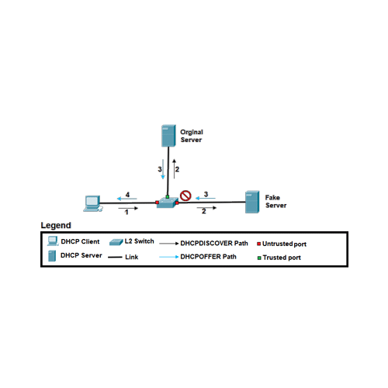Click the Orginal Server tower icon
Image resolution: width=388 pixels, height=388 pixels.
pos(167,136)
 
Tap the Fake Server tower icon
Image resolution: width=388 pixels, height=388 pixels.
pos(251,202)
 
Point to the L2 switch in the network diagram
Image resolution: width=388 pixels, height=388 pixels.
pos(167,203)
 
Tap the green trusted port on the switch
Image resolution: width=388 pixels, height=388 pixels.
pos(167,197)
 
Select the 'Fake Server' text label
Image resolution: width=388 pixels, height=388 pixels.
pos(275,202)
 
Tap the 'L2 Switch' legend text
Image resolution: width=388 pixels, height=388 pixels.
pos(138,242)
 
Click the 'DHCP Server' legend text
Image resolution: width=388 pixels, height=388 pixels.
pos(80,255)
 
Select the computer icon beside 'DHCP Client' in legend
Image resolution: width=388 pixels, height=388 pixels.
pos(52,241)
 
